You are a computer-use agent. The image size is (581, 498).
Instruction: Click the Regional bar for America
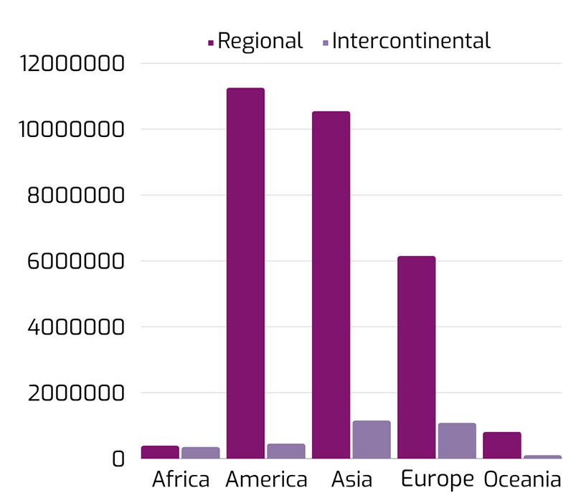pos(245,273)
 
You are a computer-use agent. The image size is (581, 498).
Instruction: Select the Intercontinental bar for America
pos(286,451)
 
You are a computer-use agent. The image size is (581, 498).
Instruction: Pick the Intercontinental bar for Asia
pos(372,439)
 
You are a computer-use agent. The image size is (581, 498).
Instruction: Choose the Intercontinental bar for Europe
pos(457,441)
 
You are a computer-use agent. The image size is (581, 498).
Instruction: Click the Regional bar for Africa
pos(160,452)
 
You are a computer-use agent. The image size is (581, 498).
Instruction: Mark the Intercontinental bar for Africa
pos(201,453)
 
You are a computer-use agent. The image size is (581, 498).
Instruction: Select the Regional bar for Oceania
pos(501,445)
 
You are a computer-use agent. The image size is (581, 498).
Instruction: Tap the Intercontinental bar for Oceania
pos(542,456)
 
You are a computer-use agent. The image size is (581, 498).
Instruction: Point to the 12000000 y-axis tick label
pos(73,64)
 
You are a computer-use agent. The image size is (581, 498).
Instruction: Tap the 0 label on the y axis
pos(118,459)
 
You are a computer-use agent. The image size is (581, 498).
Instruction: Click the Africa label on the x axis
pos(181,479)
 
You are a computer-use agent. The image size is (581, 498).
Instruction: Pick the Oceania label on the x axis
pos(522,479)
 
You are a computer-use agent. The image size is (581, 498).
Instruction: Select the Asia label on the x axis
pos(351,479)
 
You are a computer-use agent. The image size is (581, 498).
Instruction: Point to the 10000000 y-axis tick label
pos(73,130)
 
